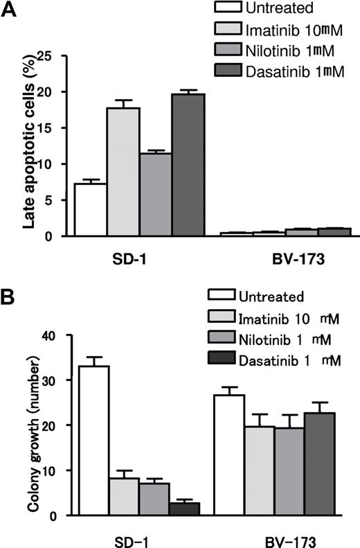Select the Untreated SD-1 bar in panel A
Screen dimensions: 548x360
pos(89,210)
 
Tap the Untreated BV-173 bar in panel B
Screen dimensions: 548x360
pos(229,455)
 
